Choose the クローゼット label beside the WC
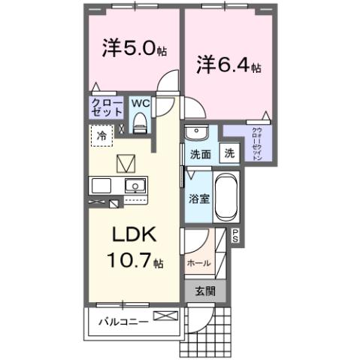pyautogui.click(x=107, y=107)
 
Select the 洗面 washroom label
pyautogui.click(x=199, y=155)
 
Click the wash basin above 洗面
pyautogui.click(x=196, y=133)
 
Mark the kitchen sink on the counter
pyautogui.click(x=135, y=185)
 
